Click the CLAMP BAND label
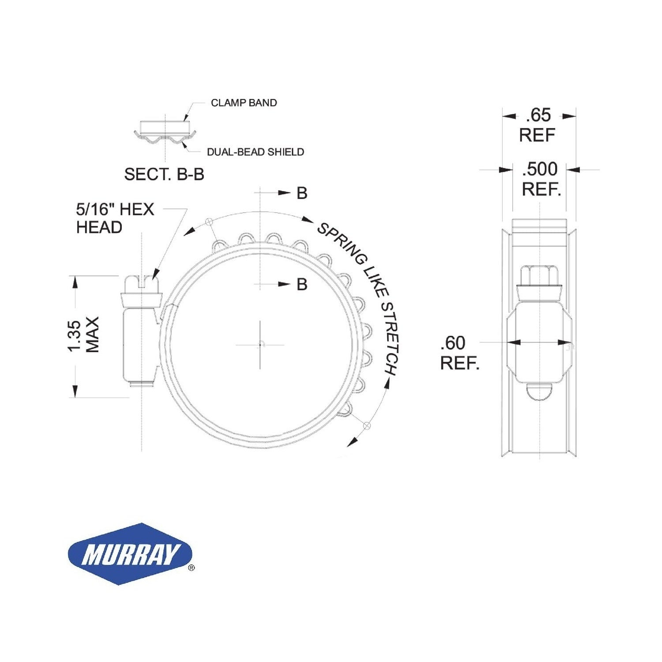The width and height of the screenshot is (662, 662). click(244, 103)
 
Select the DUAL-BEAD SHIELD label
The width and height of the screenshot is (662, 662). click(255, 152)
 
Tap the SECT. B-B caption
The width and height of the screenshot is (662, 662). click(164, 174)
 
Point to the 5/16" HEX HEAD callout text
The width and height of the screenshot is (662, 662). click(115, 218)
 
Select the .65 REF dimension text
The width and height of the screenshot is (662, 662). click(538, 125)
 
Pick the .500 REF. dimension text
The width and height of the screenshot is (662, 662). click(541, 179)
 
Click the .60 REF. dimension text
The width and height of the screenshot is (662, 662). click(459, 353)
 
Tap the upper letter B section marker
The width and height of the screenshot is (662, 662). click(302, 193)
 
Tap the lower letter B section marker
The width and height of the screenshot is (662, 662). click(302, 285)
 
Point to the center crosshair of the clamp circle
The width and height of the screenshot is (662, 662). click(260, 345)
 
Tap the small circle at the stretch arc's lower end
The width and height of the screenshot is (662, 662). click(366, 425)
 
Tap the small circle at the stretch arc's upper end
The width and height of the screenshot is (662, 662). click(209, 221)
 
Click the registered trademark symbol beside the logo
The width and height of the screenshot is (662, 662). click(192, 568)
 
